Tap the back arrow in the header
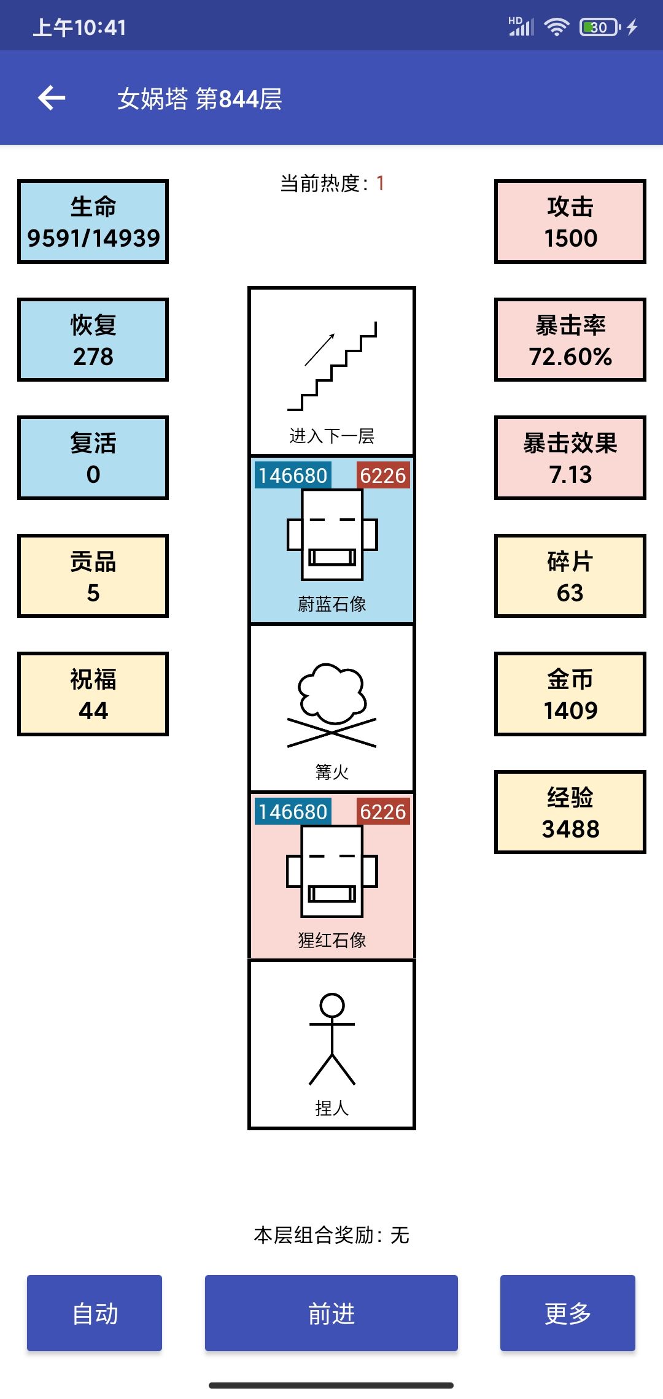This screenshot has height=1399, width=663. pos(52,98)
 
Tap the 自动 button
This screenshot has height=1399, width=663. pos(95,1313)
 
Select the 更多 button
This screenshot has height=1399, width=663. pos(568,1313)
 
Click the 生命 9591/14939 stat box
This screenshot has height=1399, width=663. pos(93,222)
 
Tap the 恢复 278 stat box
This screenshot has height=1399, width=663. pos(93,340)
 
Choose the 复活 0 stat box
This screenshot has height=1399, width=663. pos(93,458)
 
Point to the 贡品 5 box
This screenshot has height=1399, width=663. pos(93,576)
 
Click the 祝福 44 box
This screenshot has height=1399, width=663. pos(93,694)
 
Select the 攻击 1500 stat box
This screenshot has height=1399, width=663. pos(570,222)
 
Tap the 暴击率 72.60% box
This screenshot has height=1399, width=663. pos(570,340)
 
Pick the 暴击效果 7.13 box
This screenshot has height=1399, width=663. pos(570,458)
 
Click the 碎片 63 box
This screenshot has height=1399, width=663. pos(570,576)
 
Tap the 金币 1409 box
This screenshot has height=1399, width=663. pos(570,694)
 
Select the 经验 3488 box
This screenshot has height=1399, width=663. pos(570,812)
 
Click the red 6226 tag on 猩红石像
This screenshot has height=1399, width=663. pos(383,811)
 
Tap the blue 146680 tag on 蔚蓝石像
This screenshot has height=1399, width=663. pos(293,476)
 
